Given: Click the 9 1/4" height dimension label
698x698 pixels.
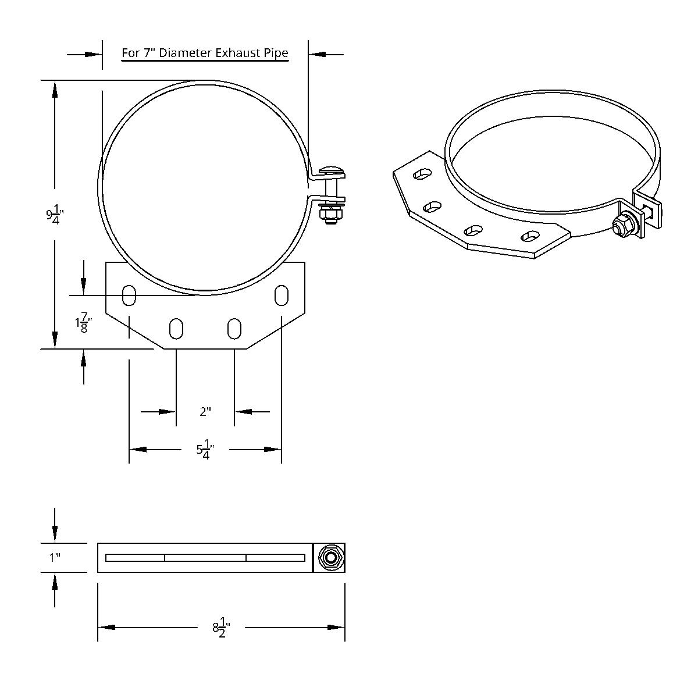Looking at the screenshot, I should click(x=55, y=215).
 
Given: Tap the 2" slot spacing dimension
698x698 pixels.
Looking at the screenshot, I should click(x=205, y=412).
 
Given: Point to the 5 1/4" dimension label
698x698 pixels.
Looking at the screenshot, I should click(x=205, y=450).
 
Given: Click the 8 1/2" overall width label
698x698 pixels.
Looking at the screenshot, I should click(x=221, y=628).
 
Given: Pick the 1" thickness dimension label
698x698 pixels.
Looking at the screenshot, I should click(x=55, y=558).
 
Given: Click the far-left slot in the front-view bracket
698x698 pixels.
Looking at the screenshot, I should click(x=129, y=295).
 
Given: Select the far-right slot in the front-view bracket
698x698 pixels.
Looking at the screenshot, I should click(x=282, y=295).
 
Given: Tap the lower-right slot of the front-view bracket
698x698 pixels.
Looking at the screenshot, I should click(x=234, y=328).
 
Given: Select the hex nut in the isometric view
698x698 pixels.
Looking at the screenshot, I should click(x=622, y=225).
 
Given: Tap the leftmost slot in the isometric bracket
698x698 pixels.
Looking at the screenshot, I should click(x=422, y=173).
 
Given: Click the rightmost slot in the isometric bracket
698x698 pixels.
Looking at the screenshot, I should click(x=530, y=236).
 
